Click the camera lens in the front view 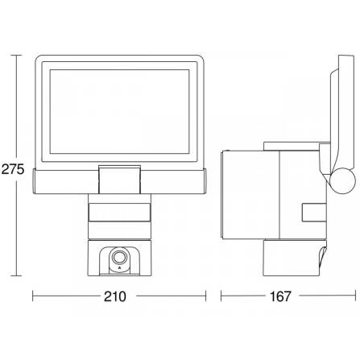click(x=118, y=259)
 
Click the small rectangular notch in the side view click(x=310, y=213)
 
